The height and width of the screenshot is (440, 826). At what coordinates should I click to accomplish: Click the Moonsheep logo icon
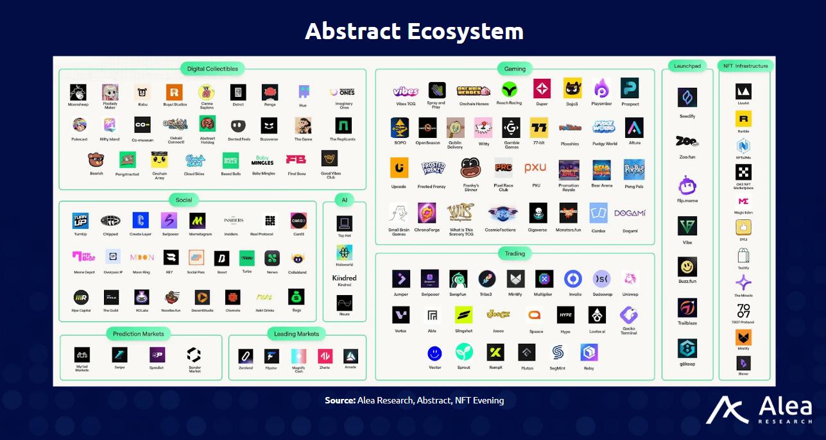(x=78, y=92)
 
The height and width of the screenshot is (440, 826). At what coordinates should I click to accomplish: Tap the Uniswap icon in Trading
(x=630, y=279)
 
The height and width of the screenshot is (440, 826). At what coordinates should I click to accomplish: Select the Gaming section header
(x=515, y=69)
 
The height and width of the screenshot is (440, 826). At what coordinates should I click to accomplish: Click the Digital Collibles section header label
(x=212, y=69)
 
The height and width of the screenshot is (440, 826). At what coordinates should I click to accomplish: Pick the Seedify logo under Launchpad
(x=687, y=98)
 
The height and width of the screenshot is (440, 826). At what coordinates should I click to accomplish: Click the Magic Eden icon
(x=743, y=201)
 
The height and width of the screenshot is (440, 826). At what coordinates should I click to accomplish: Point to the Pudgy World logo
(x=604, y=127)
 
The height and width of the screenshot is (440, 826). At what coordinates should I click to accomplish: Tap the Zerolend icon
(x=246, y=356)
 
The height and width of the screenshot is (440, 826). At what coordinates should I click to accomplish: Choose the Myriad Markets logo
(x=82, y=355)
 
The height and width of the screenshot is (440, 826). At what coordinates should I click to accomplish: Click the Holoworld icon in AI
(x=345, y=252)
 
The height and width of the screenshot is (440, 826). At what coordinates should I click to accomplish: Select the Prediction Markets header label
(x=138, y=334)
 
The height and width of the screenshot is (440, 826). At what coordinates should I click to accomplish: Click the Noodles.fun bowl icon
(x=171, y=297)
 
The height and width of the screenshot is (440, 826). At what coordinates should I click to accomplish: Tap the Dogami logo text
(x=630, y=213)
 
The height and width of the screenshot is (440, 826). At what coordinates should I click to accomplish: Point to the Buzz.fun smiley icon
(x=687, y=266)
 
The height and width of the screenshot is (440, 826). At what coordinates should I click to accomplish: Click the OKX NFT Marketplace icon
(x=743, y=172)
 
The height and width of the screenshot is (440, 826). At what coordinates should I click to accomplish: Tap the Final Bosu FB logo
(x=296, y=159)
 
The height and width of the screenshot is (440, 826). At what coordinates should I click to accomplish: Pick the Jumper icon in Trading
(x=401, y=279)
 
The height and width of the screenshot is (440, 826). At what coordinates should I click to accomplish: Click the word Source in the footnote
(x=340, y=400)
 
